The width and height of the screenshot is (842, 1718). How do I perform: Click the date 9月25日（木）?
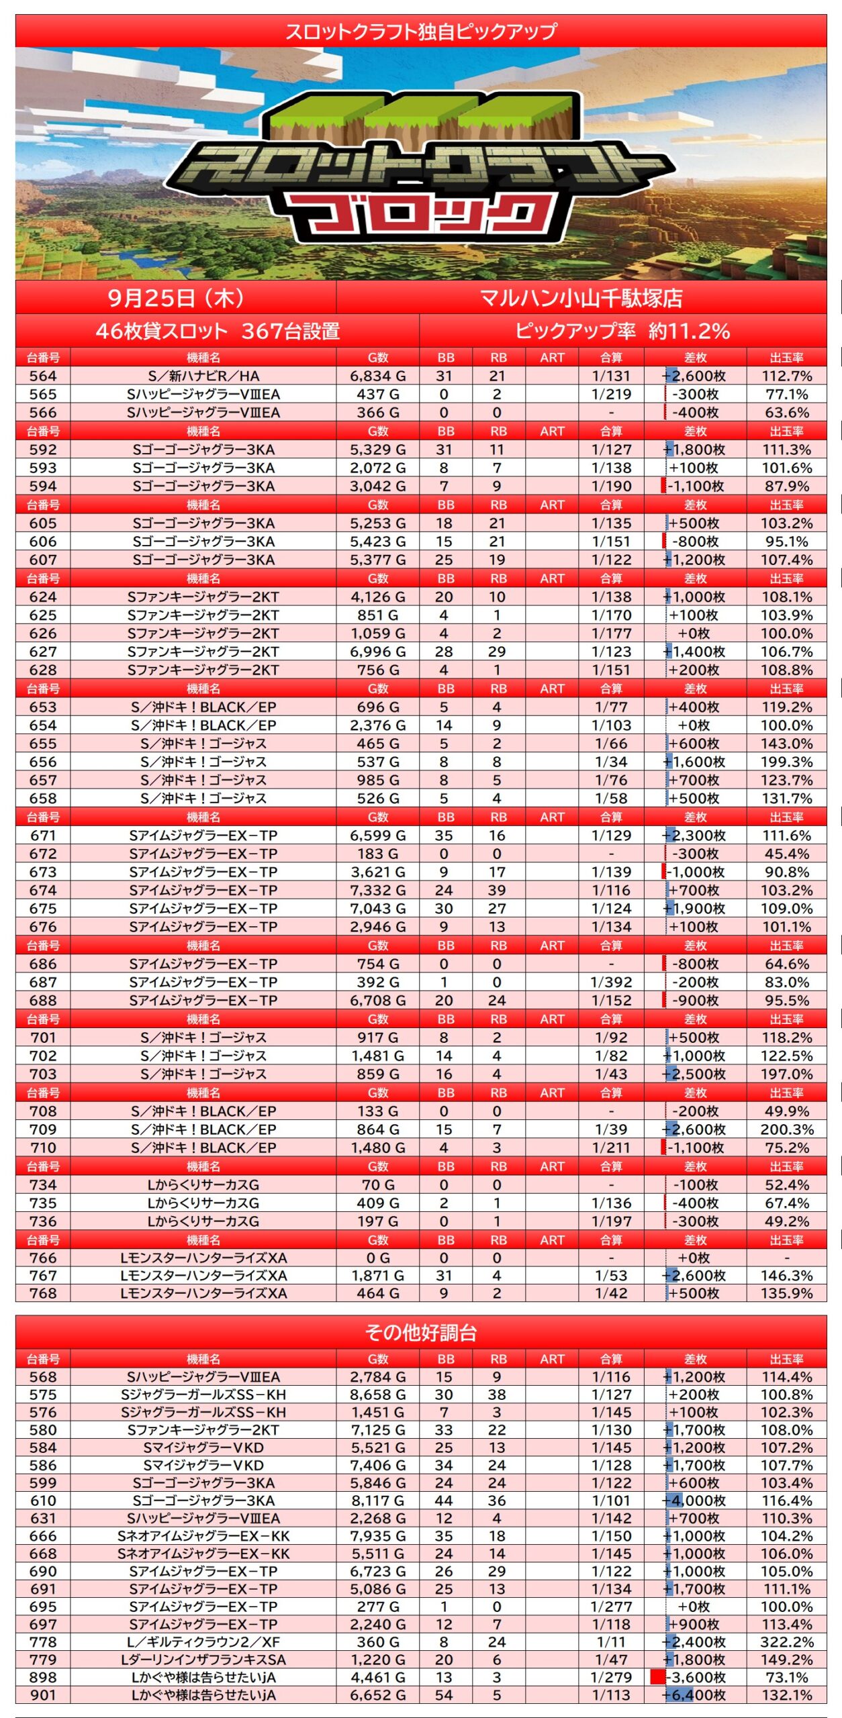point(175,297)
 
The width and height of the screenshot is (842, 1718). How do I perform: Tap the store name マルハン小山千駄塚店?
point(581,297)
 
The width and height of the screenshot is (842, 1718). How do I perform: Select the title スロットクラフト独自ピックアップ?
point(421,31)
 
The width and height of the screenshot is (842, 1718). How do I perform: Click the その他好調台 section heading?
point(421,1332)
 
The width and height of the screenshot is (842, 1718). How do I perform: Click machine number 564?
point(43,376)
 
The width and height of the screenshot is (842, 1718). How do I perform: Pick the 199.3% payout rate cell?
point(786,762)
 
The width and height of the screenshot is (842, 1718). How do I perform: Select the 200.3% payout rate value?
point(786,1129)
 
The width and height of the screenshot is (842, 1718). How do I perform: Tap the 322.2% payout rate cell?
point(786,1642)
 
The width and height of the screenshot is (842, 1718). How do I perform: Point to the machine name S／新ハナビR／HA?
point(203,376)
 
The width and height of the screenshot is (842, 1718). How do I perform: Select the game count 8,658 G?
point(377,1395)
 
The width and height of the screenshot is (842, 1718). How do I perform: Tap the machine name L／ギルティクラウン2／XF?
point(203,1642)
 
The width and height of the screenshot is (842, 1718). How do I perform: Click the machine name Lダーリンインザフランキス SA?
point(203,1660)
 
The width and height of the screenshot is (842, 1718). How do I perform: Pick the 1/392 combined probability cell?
point(611,982)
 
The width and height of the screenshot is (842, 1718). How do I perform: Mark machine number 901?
point(43,1695)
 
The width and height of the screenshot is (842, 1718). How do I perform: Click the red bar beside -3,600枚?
point(657,1677)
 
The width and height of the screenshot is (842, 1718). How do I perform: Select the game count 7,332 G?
point(377,890)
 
